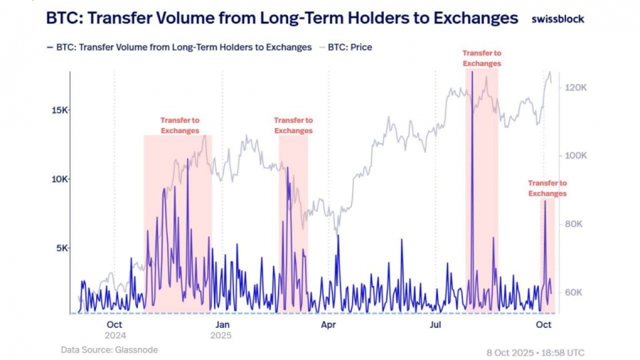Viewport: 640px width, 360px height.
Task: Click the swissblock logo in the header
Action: [x=558, y=19]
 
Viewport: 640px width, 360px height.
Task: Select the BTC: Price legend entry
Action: [x=349, y=48]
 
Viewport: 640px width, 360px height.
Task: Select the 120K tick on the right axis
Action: [x=575, y=87]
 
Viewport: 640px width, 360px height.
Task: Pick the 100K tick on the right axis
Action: [x=575, y=155]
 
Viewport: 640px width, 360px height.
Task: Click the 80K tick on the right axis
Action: [x=573, y=223]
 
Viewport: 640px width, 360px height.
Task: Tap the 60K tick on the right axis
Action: [x=573, y=292]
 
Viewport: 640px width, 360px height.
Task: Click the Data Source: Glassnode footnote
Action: [x=109, y=349]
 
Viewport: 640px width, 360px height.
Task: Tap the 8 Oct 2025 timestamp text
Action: [x=535, y=352]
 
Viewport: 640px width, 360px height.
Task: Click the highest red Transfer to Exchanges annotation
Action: [x=481, y=58]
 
